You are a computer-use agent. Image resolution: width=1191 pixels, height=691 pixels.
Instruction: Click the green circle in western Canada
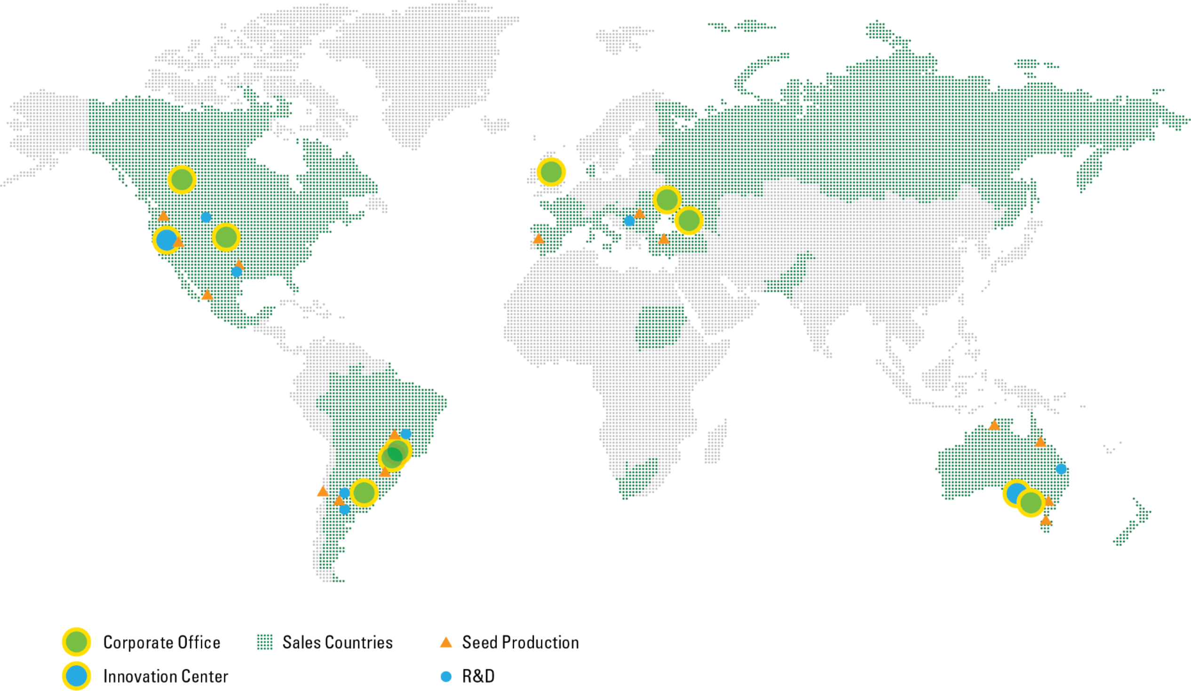[182, 180]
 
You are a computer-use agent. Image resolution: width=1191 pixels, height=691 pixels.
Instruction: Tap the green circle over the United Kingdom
[551, 172]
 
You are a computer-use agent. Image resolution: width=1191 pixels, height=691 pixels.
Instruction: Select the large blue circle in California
[166, 240]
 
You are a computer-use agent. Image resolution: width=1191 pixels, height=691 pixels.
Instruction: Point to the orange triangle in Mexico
[207, 295]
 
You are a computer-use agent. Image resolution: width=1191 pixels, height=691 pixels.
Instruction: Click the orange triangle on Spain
[538, 239]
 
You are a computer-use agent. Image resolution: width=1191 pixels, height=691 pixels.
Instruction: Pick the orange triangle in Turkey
[664, 239]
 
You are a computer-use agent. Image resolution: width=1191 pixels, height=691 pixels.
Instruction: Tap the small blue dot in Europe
[629, 221]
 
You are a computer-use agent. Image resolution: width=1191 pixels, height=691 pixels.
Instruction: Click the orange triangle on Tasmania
[1046, 520]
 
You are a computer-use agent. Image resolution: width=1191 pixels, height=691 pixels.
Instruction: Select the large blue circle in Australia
[1015, 493]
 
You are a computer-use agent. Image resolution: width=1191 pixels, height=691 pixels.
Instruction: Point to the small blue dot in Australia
[1061, 469]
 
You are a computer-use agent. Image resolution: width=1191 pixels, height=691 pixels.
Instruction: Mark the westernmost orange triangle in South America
[323, 492]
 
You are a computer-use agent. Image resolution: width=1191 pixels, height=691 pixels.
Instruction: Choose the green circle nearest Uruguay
[364, 493]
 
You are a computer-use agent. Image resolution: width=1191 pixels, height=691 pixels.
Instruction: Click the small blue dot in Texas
[236, 272]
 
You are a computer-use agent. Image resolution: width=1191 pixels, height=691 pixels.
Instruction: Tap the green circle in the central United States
[226, 237]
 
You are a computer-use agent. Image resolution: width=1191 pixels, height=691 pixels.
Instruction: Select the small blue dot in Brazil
[405, 433]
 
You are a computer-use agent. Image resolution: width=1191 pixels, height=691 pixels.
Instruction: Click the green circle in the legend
[77, 642]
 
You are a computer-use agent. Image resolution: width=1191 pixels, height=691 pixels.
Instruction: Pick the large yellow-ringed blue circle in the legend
[77, 676]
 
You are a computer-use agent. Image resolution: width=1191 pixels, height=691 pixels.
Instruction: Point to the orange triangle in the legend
[445, 643]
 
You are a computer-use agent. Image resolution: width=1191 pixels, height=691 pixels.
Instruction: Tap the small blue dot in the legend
[445, 677]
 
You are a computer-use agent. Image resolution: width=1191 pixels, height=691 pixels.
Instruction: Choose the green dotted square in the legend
[265, 643]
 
